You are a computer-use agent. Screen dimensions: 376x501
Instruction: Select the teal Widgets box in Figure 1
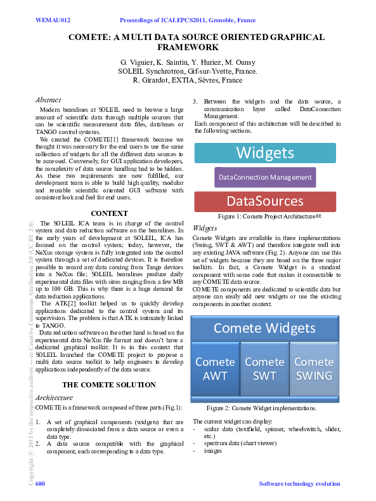265,153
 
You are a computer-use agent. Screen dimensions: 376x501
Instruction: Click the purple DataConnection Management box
265,177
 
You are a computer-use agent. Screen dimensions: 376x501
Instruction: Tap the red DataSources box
265,201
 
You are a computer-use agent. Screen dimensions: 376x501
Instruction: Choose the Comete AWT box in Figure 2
215,368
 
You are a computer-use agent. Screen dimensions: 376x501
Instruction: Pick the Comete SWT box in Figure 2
264,368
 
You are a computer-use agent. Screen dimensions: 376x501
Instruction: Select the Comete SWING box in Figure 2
313,368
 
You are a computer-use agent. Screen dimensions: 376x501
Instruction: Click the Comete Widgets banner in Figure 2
264,328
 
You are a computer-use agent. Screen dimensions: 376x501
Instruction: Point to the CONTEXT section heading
110,213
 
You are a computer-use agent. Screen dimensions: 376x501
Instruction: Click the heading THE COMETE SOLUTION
109,384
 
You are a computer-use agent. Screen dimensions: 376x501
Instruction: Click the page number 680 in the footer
41,484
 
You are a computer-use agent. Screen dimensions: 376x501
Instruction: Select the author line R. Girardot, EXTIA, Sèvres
188,81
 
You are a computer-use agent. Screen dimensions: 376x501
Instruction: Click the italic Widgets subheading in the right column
205,227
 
